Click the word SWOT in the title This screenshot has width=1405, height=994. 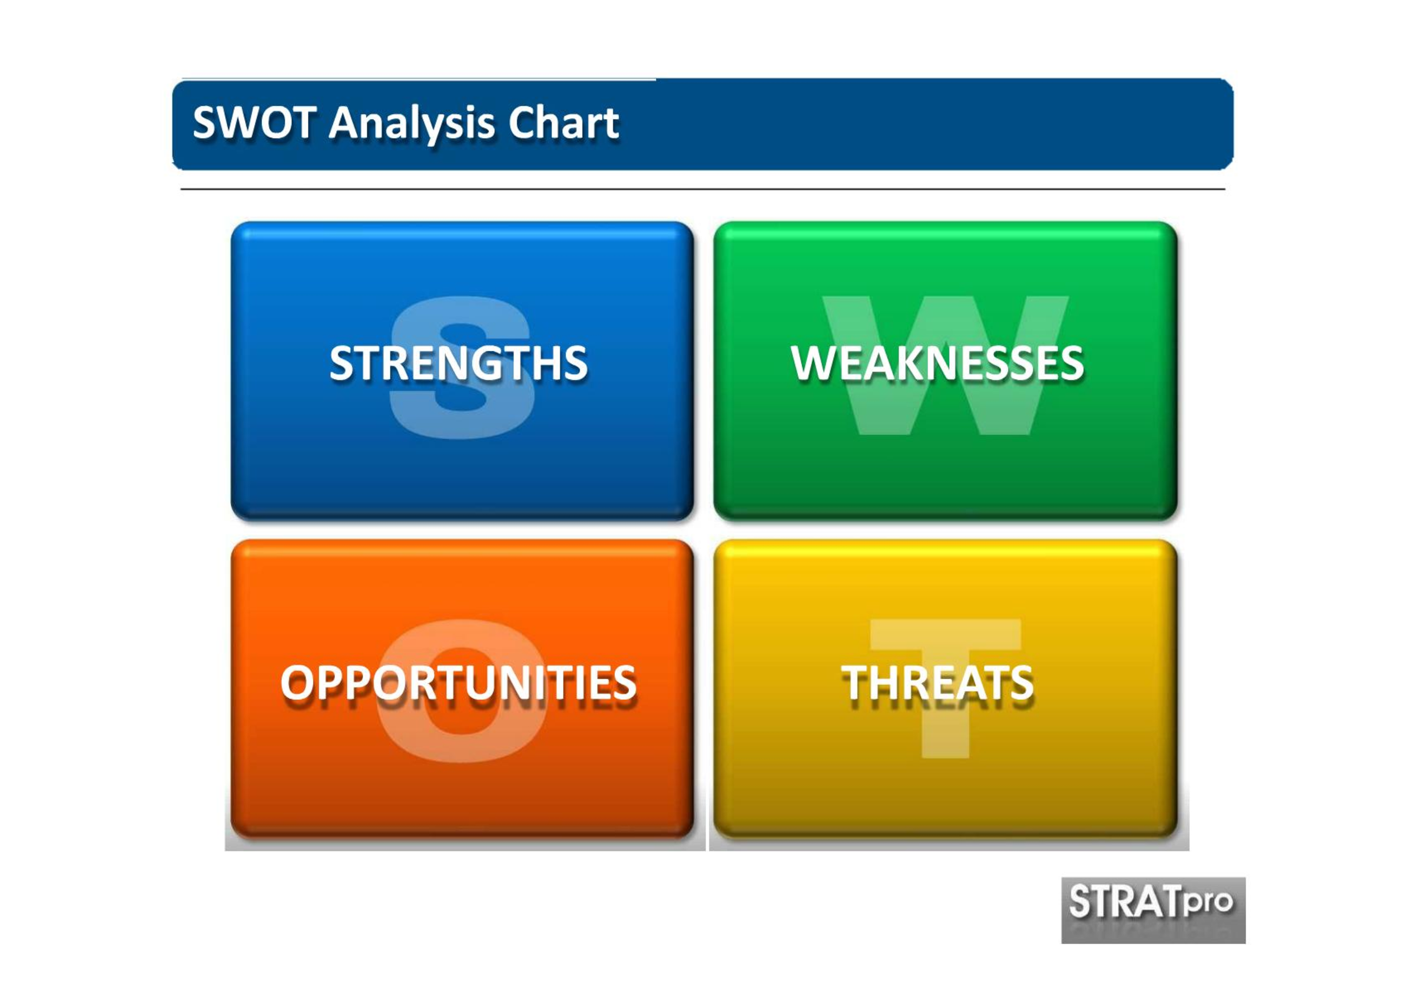[x=255, y=122]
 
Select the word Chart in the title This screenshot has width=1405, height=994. [x=563, y=122]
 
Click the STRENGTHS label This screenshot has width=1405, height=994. [x=459, y=363]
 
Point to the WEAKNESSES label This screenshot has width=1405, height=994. [x=937, y=363]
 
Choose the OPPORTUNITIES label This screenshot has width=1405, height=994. [x=459, y=682]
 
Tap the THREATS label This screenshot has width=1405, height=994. [x=937, y=682]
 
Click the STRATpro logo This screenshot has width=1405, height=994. [x=1154, y=910]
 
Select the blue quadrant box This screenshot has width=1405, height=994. [x=462, y=371]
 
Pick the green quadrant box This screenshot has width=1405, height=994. [x=945, y=371]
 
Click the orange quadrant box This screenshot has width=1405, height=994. [x=462, y=688]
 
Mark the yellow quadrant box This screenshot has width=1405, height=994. [x=945, y=688]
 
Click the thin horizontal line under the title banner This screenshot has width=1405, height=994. [x=702, y=189]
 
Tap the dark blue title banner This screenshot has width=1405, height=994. [x=702, y=124]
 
